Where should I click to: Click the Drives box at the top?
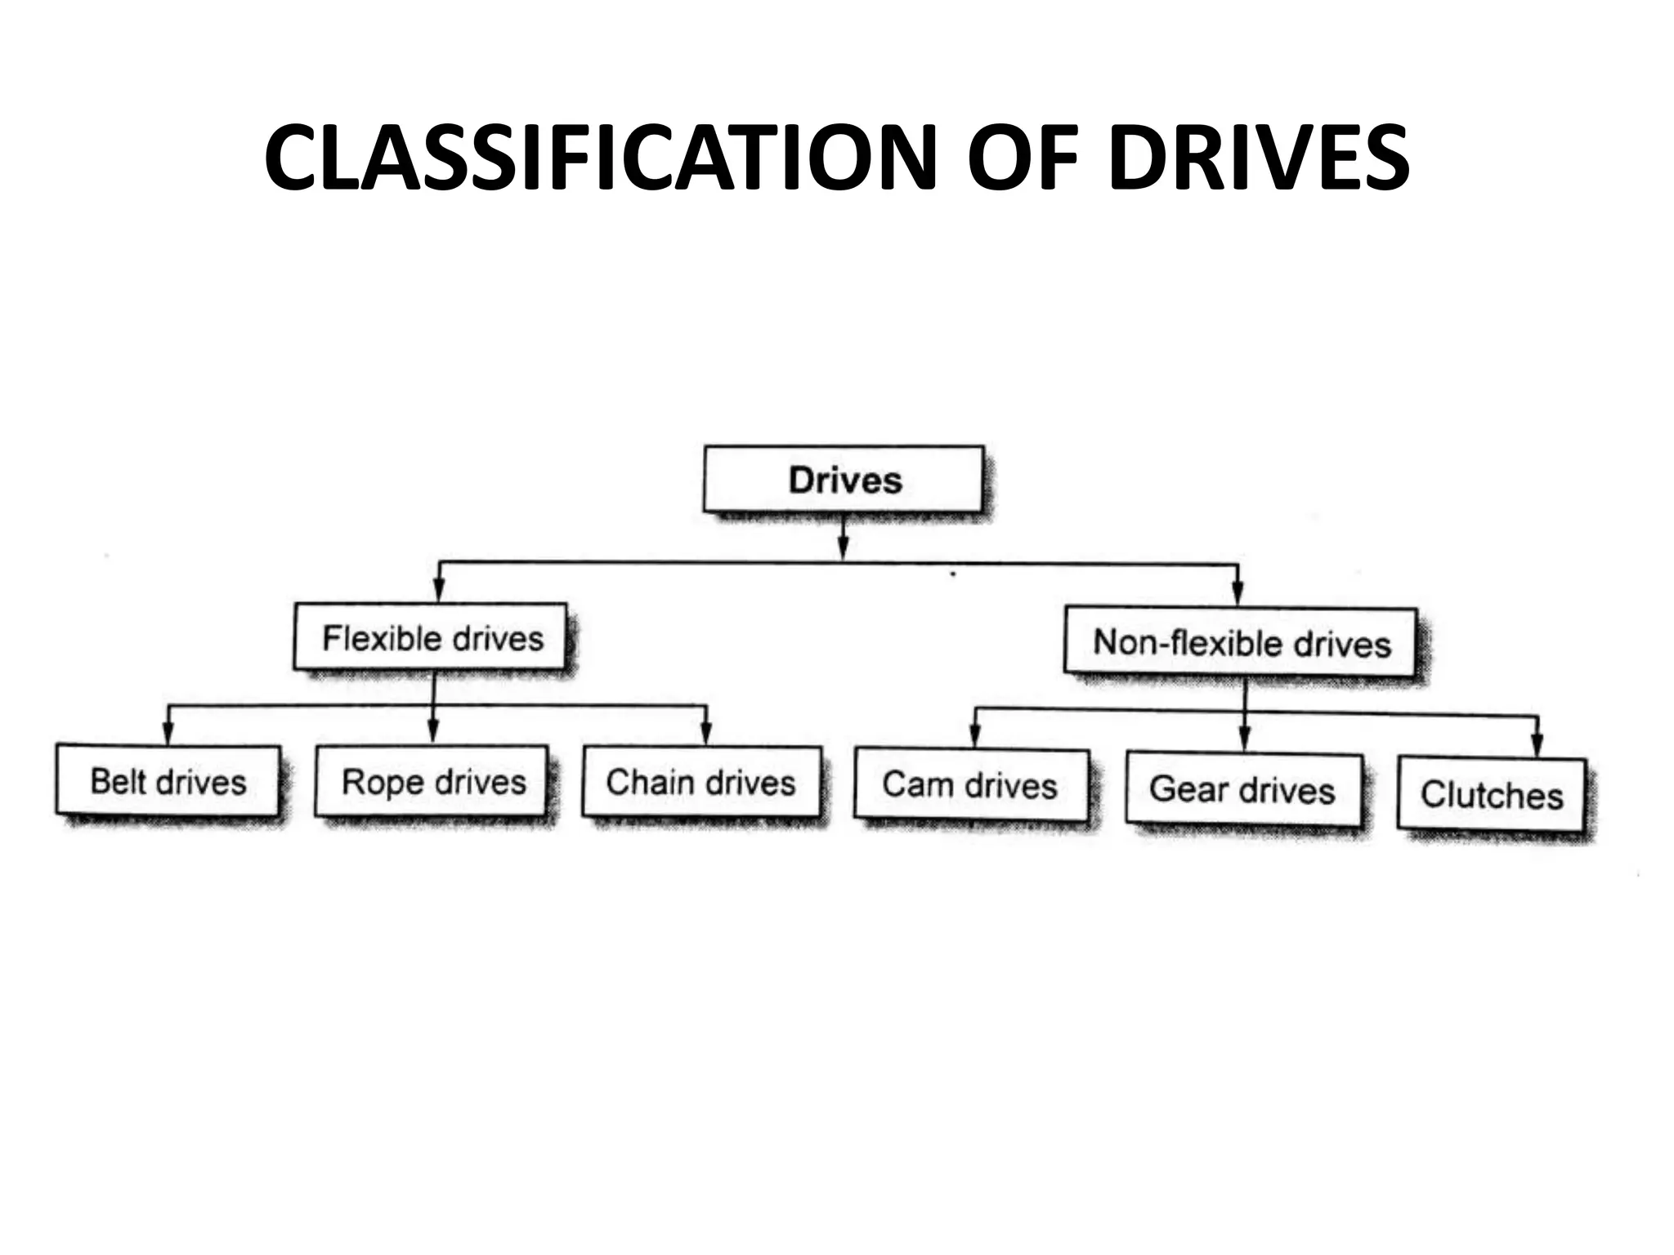click(x=844, y=480)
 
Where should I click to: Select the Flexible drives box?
click(x=431, y=638)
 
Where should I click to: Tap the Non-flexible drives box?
click(x=1241, y=643)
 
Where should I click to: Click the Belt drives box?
click(x=168, y=781)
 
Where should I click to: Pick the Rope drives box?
click(x=432, y=782)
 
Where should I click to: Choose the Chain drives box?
click(x=700, y=783)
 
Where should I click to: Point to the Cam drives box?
click(x=970, y=785)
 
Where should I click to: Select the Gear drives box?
click(x=1242, y=789)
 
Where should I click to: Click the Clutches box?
click(x=1492, y=795)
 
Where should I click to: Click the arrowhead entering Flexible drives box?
click(x=439, y=591)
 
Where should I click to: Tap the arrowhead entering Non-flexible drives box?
click(x=1238, y=594)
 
